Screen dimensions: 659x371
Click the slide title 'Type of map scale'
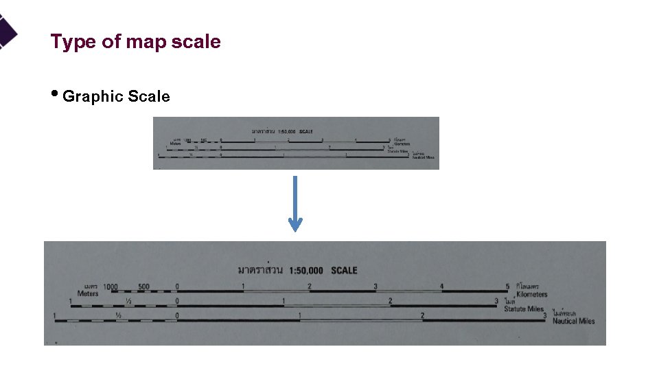coord(135,42)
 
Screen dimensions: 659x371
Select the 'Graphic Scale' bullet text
coord(116,97)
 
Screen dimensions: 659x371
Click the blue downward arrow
coord(295,203)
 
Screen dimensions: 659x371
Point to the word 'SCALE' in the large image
coord(344,271)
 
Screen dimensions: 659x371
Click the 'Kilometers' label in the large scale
coord(531,294)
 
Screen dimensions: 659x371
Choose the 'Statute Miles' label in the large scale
coord(524,309)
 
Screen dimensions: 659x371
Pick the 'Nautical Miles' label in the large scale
coord(573,321)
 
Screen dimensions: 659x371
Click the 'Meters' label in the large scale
coord(88,293)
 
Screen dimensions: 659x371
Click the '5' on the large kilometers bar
coord(507,286)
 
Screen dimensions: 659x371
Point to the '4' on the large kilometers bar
coord(441,286)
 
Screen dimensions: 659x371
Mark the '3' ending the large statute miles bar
coord(496,301)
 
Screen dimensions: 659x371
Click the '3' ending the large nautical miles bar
coord(545,315)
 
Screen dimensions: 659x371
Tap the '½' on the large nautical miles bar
coord(119,315)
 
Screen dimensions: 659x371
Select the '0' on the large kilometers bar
coord(177,286)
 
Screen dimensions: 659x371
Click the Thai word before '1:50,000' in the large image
coord(260,270)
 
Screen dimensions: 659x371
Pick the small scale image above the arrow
coord(295,143)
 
